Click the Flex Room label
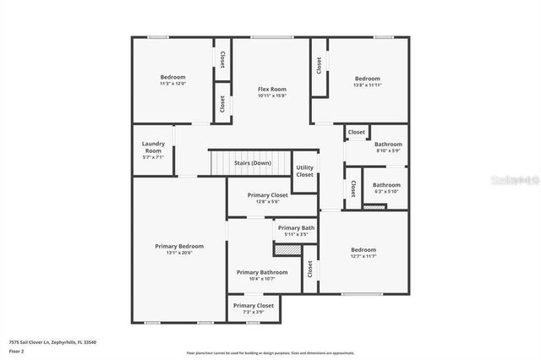(x=272, y=89)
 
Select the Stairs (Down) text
(x=252, y=163)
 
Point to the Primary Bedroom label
(x=179, y=246)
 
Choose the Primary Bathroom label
(x=262, y=272)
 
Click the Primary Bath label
(x=296, y=228)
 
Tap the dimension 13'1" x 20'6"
(x=179, y=253)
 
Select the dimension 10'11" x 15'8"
(x=272, y=95)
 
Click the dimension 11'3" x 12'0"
(x=172, y=84)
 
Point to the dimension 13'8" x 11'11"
(x=367, y=85)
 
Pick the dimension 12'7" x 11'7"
(x=363, y=257)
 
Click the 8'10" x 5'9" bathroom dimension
(x=388, y=150)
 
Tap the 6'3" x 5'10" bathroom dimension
(x=386, y=191)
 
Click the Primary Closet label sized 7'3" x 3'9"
(x=254, y=305)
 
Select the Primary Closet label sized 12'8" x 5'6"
(x=267, y=195)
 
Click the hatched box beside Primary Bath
(x=287, y=250)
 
